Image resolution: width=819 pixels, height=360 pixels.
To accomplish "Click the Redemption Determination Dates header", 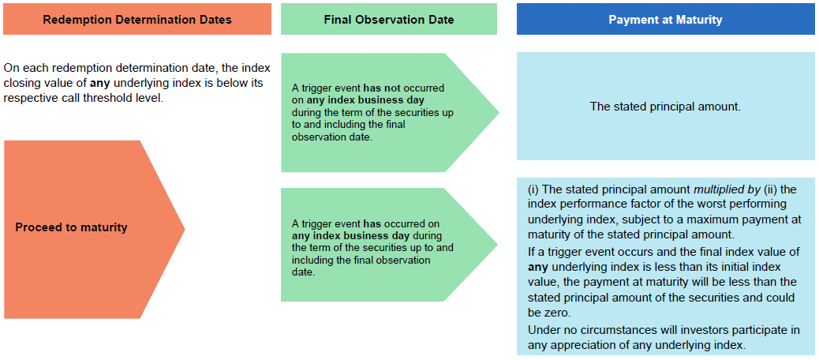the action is point(137,19).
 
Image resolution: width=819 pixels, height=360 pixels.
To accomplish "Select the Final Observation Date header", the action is point(389,19).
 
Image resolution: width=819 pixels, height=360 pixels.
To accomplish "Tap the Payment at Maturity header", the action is point(665,19).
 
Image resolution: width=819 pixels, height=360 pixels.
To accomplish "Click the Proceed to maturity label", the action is point(71,227).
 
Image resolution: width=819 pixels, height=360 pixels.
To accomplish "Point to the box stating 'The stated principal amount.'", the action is point(665,106).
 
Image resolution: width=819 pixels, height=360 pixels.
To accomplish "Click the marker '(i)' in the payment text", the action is point(533,188).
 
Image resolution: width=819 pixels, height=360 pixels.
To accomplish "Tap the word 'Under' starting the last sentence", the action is point(541,330).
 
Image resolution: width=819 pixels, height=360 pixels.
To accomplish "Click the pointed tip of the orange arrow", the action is point(185,229).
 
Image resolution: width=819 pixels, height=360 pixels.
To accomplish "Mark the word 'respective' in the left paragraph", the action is point(25,98).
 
